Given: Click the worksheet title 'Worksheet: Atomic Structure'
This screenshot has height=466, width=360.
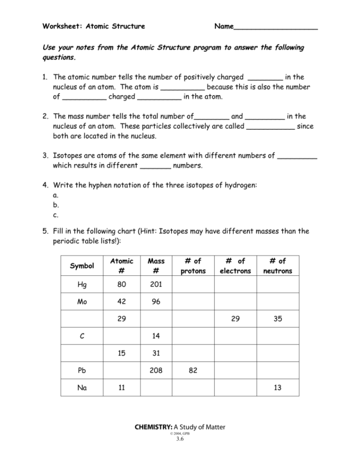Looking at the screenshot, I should click(x=94, y=26).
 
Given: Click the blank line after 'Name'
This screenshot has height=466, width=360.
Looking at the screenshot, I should click(x=275, y=27).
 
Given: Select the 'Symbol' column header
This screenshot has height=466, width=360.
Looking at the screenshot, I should click(x=82, y=266).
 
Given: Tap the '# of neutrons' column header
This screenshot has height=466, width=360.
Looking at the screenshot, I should click(x=277, y=266).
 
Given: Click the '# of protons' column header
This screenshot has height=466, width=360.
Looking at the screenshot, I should click(x=193, y=266).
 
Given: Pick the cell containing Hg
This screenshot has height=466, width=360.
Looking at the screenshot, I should click(x=82, y=284).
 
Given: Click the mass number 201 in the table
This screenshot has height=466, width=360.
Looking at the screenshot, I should click(x=156, y=284).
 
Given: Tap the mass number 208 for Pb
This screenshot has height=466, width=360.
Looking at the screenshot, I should click(x=156, y=370).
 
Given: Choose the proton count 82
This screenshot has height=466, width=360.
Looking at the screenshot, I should click(x=193, y=370).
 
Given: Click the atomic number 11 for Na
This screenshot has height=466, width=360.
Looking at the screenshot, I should click(x=122, y=388).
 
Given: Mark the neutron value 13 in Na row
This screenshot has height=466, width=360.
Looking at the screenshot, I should click(x=277, y=388).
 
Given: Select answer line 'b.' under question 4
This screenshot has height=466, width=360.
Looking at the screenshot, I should click(x=56, y=205).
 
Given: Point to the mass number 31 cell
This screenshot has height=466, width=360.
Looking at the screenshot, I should click(x=156, y=353).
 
